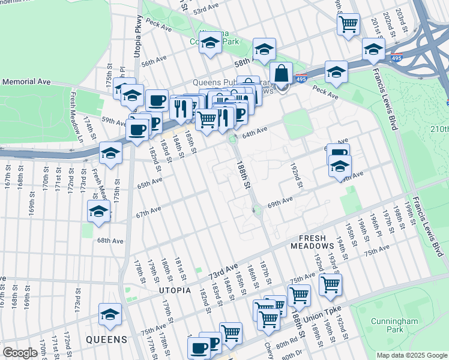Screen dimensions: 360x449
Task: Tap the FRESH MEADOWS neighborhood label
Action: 312,241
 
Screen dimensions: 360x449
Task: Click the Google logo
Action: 20,353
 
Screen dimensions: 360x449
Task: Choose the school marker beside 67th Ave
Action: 98,211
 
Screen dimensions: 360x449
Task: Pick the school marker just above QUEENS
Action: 110,314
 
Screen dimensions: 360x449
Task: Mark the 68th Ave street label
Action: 110,241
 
